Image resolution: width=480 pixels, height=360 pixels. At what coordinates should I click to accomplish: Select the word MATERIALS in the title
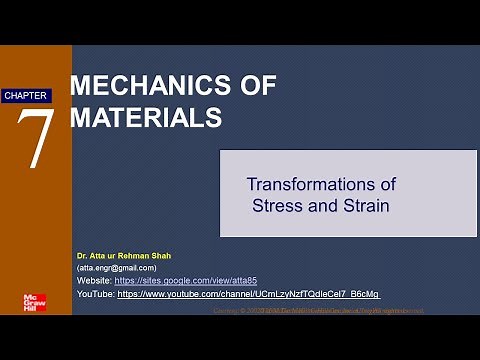[x=146, y=116]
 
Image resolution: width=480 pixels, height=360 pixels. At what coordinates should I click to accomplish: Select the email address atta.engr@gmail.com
[x=117, y=268]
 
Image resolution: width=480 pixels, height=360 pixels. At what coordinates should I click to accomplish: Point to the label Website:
[x=95, y=281]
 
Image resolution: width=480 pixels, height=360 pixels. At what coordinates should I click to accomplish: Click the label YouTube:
[x=96, y=295]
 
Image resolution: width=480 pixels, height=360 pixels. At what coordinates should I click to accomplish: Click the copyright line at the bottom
[x=320, y=311]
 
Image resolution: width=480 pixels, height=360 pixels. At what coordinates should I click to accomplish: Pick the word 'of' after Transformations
[x=387, y=185]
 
